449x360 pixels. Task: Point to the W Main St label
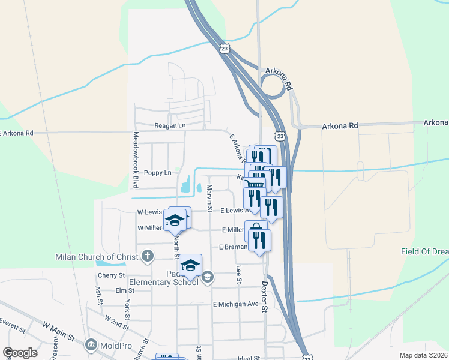(x=58, y=330)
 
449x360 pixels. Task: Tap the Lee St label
(x=239, y=274)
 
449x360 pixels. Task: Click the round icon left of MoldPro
(x=91, y=344)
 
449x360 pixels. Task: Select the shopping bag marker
(x=255, y=229)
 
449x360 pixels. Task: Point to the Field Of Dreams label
(x=425, y=251)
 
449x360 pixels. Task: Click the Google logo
(x=20, y=352)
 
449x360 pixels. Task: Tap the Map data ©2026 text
(x=423, y=355)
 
